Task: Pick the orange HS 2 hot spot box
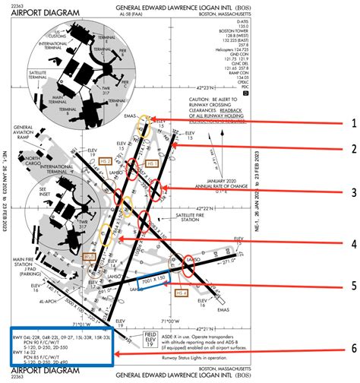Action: [x=106, y=161]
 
